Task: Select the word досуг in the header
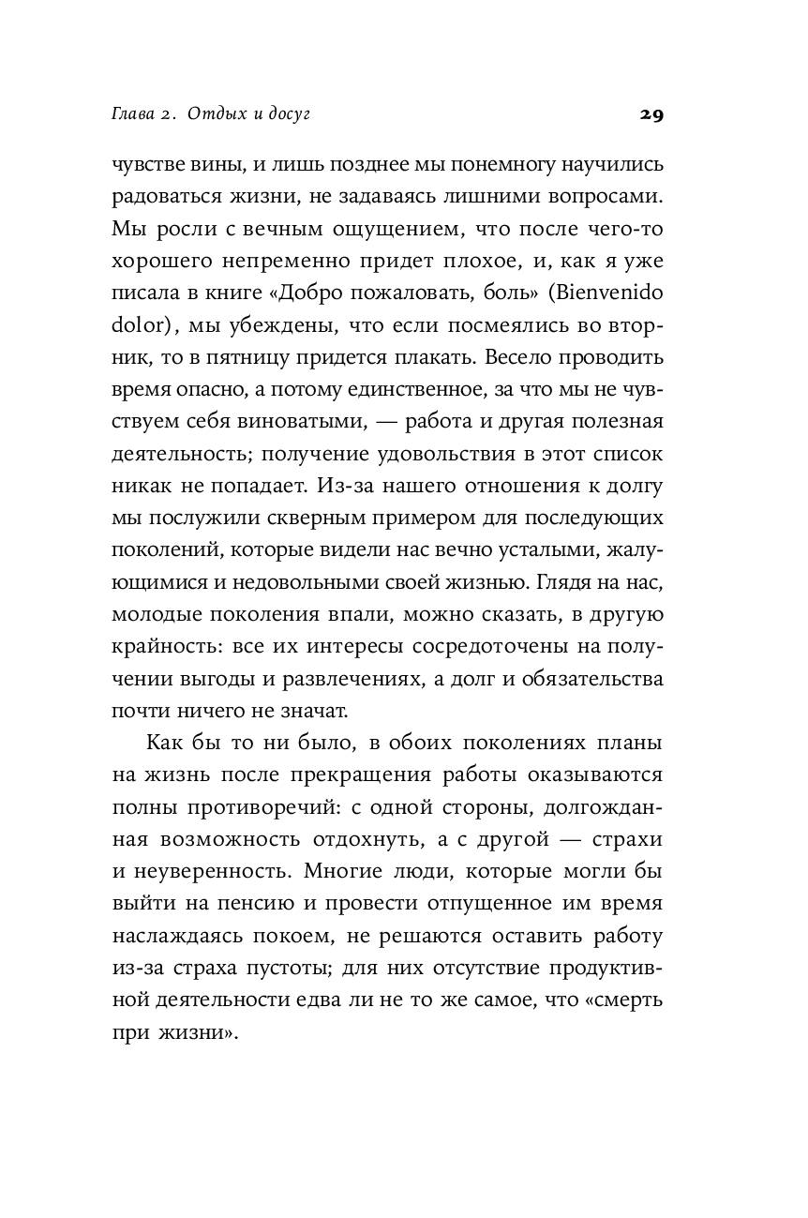pos(285,114)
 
